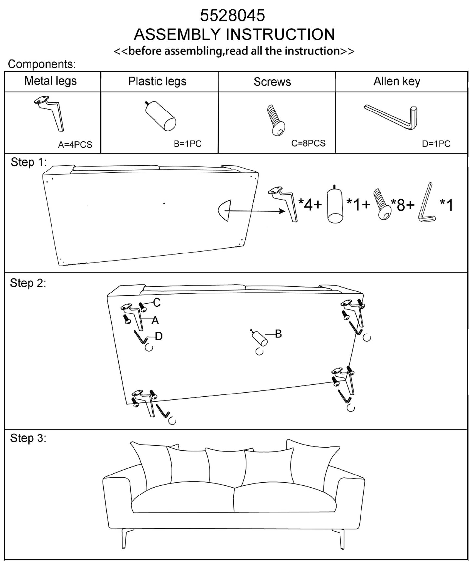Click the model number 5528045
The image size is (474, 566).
pyautogui.click(x=233, y=15)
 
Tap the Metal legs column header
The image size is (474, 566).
pyautogui.click(x=51, y=81)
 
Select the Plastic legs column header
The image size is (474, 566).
pyautogui.click(x=157, y=81)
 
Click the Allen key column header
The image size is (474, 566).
pyautogui.click(x=397, y=81)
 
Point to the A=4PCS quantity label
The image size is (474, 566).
pyautogui.click(x=75, y=145)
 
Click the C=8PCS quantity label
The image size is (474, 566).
pyautogui.click(x=308, y=143)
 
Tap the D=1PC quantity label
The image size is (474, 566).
pyautogui.click(x=436, y=144)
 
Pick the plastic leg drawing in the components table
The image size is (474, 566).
pyautogui.click(x=161, y=116)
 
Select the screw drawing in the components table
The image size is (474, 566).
pyautogui.click(x=276, y=120)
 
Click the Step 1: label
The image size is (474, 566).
pyautogui.click(x=29, y=162)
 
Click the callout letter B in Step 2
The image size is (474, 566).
pyautogui.click(x=278, y=334)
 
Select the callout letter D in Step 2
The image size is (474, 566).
pyautogui.click(x=159, y=336)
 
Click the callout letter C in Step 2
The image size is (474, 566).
pyautogui.click(x=157, y=302)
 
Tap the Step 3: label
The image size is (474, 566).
pyautogui.click(x=28, y=438)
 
